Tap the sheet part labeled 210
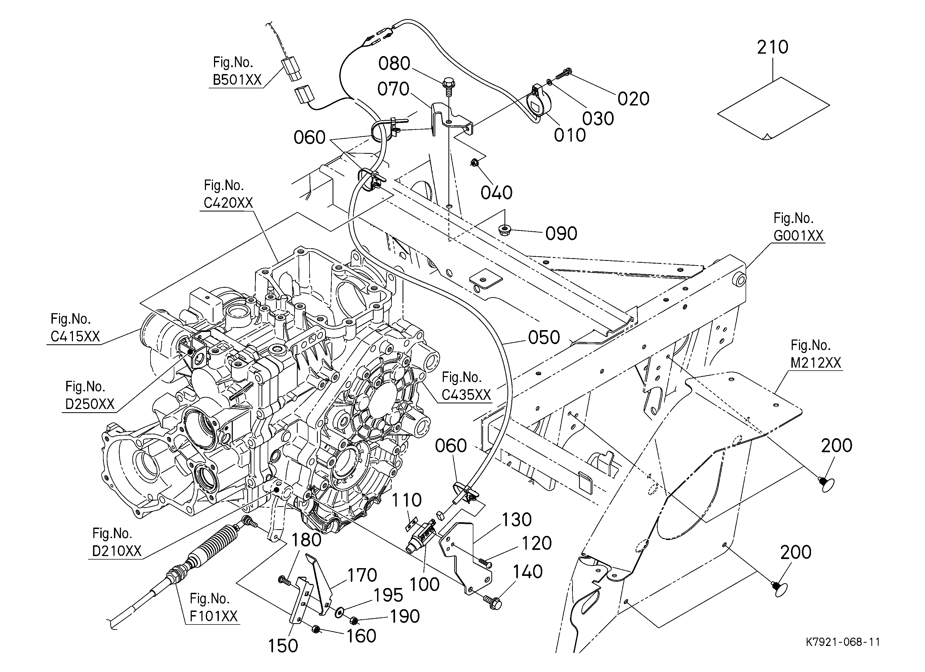click(773, 108)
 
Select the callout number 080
click(394, 64)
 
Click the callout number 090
click(561, 233)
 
